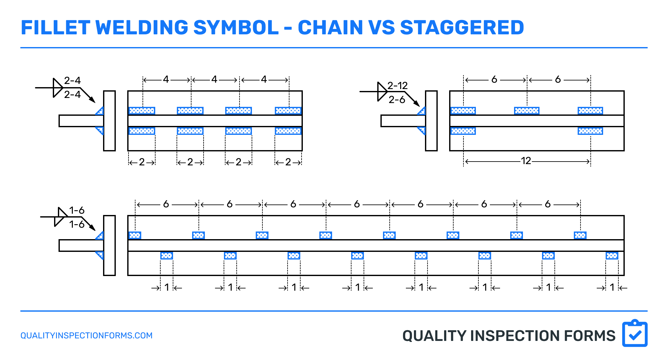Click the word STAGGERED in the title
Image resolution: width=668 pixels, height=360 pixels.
click(462, 28)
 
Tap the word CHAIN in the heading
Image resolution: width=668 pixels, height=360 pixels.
click(330, 28)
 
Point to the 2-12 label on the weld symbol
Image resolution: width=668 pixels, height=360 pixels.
click(398, 86)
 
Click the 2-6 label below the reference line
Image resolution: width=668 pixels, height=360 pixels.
click(397, 100)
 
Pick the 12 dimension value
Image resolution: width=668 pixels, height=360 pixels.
click(526, 161)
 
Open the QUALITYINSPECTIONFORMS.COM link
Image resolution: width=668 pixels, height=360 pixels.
click(87, 336)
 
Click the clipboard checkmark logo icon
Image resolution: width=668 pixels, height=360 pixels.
click(635, 334)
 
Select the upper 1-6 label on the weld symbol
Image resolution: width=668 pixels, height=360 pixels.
click(77, 210)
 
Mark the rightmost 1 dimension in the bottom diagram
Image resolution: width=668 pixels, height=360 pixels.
click(612, 287)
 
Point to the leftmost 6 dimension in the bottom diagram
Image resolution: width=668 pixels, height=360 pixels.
click(166, 204)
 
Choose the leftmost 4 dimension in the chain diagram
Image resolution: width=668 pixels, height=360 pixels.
click(166, 80)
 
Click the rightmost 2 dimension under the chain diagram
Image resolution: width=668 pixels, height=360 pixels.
click(288, 162)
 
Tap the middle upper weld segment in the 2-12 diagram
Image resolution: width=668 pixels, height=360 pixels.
click(526, 111)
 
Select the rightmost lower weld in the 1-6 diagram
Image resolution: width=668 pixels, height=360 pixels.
click(612, 255)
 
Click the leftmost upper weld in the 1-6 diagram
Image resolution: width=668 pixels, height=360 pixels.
click(135, 235)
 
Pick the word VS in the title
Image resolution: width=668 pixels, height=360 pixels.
click(381, 28)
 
